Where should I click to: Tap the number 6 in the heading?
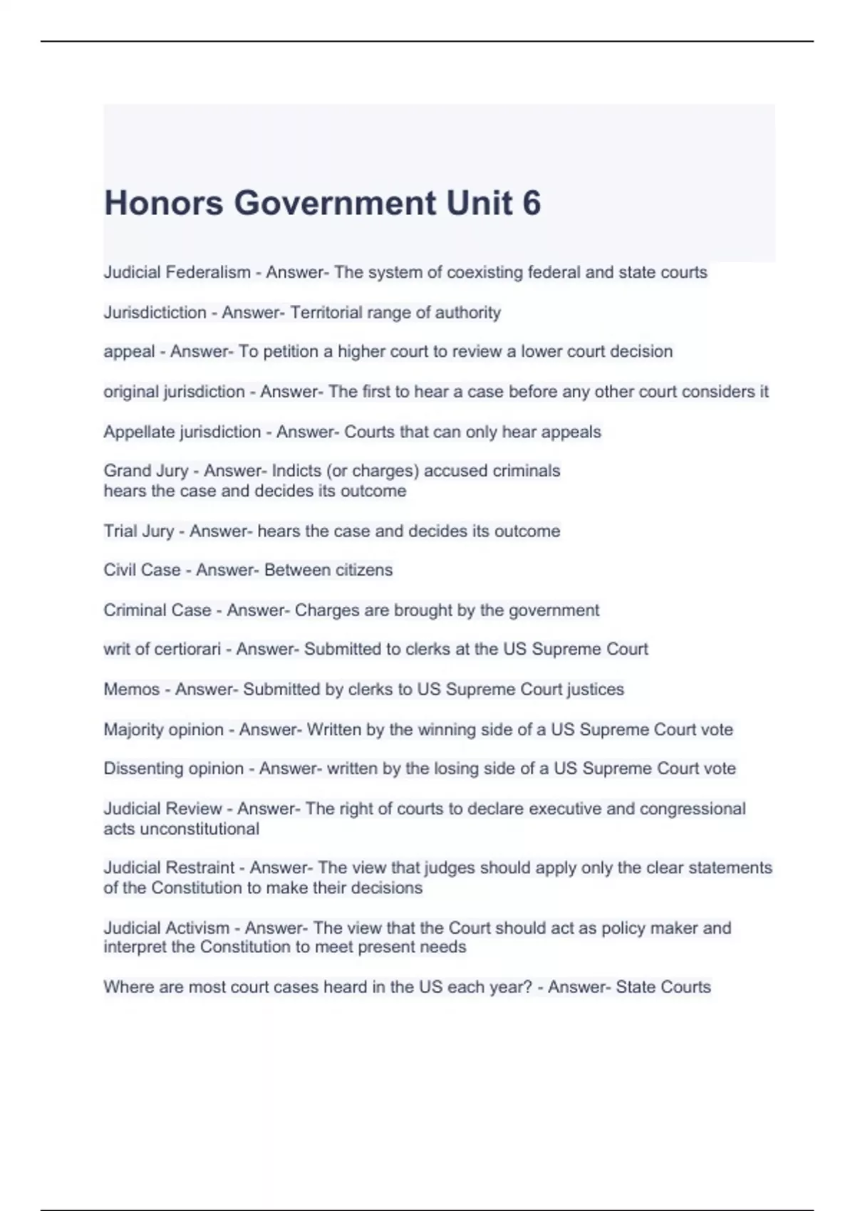coord(532,203)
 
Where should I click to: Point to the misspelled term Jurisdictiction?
coord(155,312)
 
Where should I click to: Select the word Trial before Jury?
coord(120,531)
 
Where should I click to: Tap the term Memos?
coord(132,689)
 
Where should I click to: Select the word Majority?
coord(133,729)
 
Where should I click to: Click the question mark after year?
coord(528,987)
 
